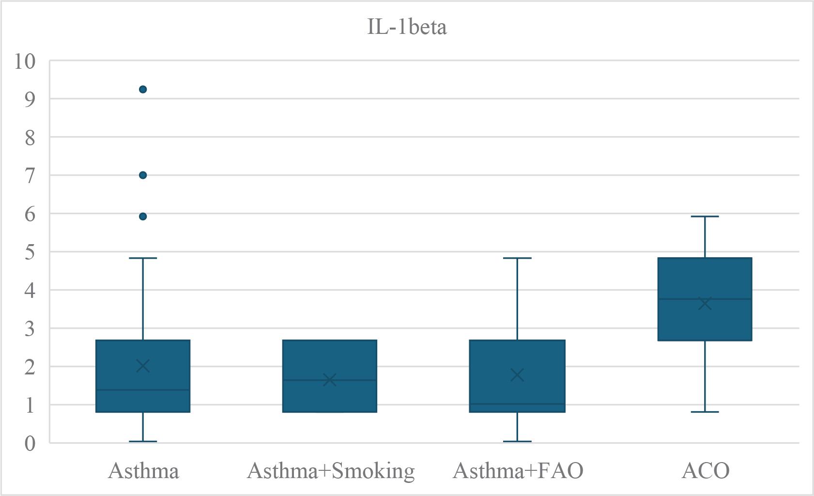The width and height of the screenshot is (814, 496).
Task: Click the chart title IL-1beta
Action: pyautogui.click(x=407, y=26)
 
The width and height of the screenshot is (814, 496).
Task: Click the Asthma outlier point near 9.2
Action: pyautogui.click(x=143, y=89)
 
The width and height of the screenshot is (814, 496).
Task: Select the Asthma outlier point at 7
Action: pyautogui.click(x=143, y=175)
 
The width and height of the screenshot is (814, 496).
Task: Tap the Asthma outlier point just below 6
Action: pyautogui.click(x=143, y=217)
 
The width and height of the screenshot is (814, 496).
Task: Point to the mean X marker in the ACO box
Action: pyautogui.click(x=705, y=304)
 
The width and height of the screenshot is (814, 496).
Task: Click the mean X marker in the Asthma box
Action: pyautogui.click(x=143, y=366)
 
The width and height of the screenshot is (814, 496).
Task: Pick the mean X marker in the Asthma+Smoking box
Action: pyautogui.click(x=330, y=380)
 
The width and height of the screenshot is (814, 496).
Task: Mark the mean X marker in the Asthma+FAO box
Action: pyautogui.click(x=517, y=374)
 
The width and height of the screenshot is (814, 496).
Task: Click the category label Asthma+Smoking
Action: pyautogui.click(x=331, y=471)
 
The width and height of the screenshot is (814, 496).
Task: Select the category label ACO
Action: pyautogui.click(x=705, y=471)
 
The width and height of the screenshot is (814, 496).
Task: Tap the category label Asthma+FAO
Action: pyautogui.click(x=518, y=471)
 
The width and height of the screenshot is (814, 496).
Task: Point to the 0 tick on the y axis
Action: pyautogui.click(x=30, y=443)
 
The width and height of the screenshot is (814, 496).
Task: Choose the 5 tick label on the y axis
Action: pyautogui.click(x=30, y=252)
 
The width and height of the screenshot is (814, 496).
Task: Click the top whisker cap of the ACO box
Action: pyautogui.click(x=705, y=217)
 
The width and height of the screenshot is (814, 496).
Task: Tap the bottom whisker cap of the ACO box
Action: pyautogui.click(x=705, y=412)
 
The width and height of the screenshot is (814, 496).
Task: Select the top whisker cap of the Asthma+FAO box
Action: pyautogui.click(x=517, y=258)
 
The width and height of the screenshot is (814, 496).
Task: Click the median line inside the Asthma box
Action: pyautogui.click(x=143, y=389)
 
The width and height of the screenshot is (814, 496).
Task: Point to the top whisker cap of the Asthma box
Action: pyautogui.click(x=143, y=258)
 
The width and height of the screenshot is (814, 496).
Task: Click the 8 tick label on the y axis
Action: pyautogui.click(x=30, y=138)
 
